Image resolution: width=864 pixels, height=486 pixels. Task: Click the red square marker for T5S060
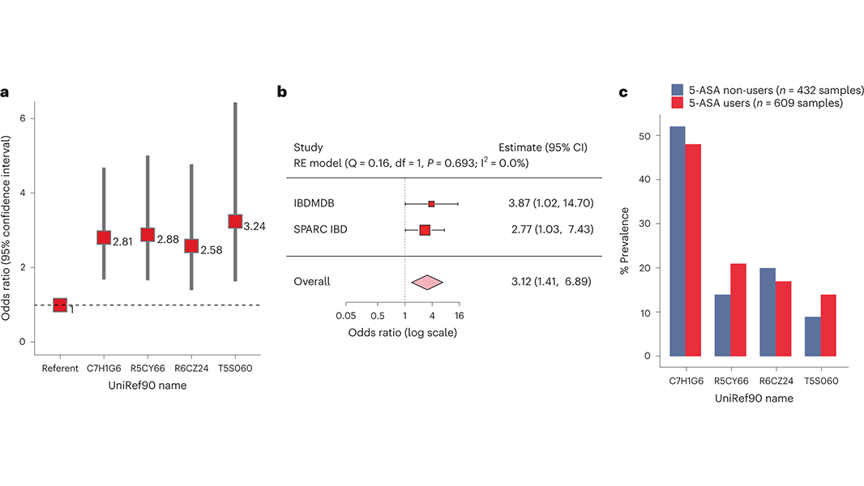(235, 221)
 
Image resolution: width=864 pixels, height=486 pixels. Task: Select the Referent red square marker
(60, 305)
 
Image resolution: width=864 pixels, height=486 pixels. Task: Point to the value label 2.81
(122, 241)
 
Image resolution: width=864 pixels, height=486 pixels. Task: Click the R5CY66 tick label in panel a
(148, 369)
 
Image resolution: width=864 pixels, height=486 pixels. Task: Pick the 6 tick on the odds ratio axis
(23, 118)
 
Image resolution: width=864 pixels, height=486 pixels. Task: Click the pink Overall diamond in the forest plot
(427, 282)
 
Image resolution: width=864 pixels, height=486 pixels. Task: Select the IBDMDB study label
(316, 203)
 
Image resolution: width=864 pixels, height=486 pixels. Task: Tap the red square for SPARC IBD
(425, 230)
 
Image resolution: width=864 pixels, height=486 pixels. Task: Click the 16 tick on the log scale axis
(460, 316)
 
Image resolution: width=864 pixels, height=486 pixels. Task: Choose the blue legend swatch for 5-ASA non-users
(678, 89)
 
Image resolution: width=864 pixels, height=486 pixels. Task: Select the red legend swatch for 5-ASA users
(678, 103)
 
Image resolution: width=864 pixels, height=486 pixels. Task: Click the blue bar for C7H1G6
(678, 241)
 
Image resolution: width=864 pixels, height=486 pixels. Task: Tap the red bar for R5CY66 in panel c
(738, 309)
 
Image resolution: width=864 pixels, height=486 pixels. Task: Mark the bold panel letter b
(282, 92)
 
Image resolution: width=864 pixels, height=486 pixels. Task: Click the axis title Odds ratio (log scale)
(403, 332)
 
